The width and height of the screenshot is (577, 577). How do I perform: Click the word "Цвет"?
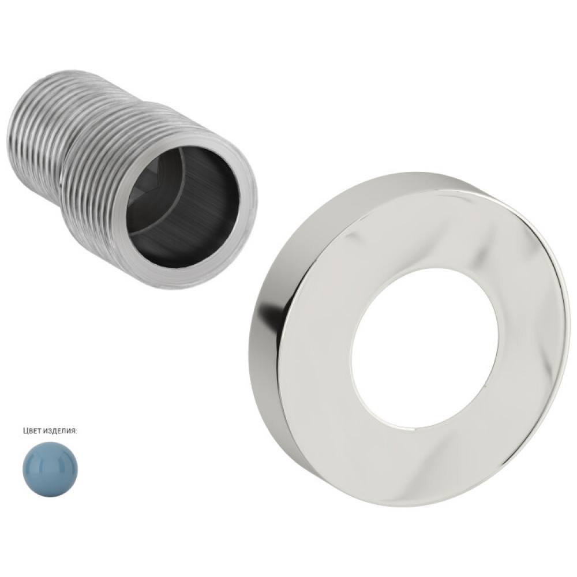[31, 431]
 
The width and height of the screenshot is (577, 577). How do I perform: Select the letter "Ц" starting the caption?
[25, 431]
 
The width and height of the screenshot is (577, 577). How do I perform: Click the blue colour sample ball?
[51, 469]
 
